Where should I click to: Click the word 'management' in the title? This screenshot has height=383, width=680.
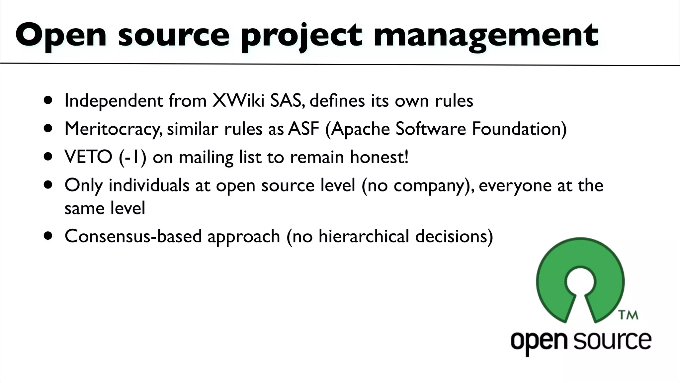click(485, 36)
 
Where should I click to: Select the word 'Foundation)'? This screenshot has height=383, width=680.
click(519, 129)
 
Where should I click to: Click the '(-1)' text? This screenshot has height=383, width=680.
click(132, 157)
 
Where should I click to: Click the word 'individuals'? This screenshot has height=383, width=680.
click(149, 185)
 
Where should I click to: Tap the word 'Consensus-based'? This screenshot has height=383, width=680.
click(133, 236)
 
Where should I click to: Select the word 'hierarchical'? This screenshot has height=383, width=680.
click(364, 236)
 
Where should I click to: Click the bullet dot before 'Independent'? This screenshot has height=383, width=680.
click(48, 100)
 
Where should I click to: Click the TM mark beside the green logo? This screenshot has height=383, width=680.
click(628, 315)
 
